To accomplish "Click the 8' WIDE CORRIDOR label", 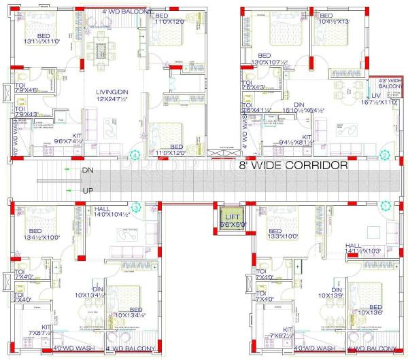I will tap(292, 165).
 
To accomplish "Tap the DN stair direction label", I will tap(87, 170).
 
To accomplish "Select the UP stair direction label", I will tap(87, 191).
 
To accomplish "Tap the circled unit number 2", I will tap(384, 156).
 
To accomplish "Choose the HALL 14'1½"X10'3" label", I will tap(362, 249).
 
